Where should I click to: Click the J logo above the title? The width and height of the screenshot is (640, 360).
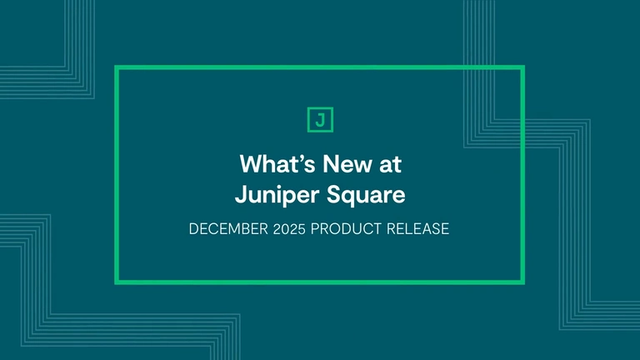(320, 119)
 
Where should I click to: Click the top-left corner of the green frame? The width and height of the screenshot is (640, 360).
(117, 68)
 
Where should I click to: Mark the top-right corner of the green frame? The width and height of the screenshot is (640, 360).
(522, 68)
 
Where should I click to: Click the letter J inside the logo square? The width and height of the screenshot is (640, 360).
(320, 119)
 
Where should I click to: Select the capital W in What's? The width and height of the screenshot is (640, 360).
(250, 162)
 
